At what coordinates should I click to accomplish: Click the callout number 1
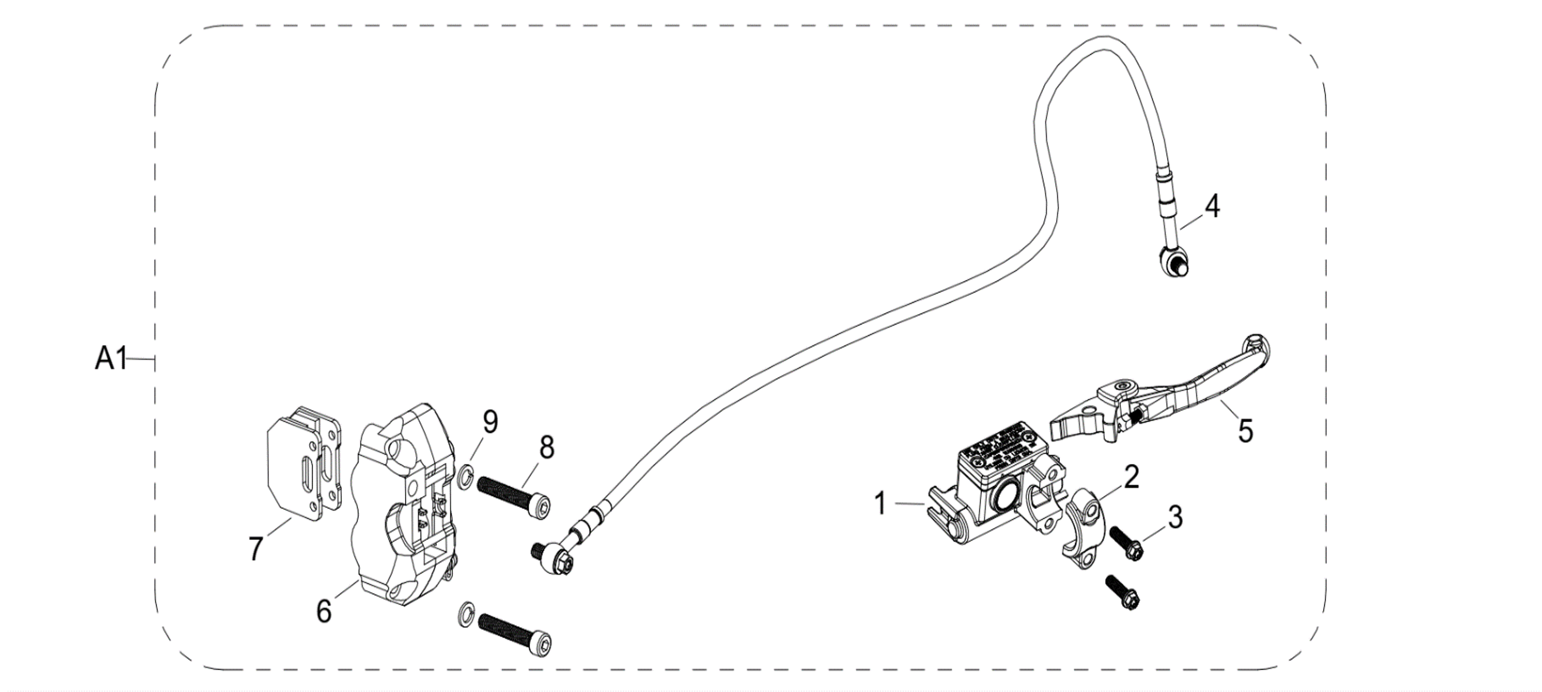(x=880, y=504)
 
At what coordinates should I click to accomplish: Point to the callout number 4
(x=1212, y=206)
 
